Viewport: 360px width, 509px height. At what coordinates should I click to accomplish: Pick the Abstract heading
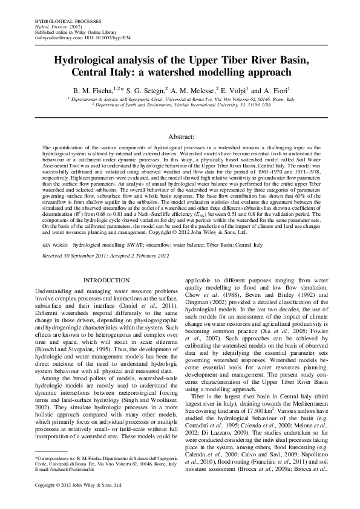[x=180, y=137]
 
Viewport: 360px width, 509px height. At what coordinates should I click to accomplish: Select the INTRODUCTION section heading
[x=106, y=280]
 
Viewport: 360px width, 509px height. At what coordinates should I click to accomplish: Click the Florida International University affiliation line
[x=182, y=104]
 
